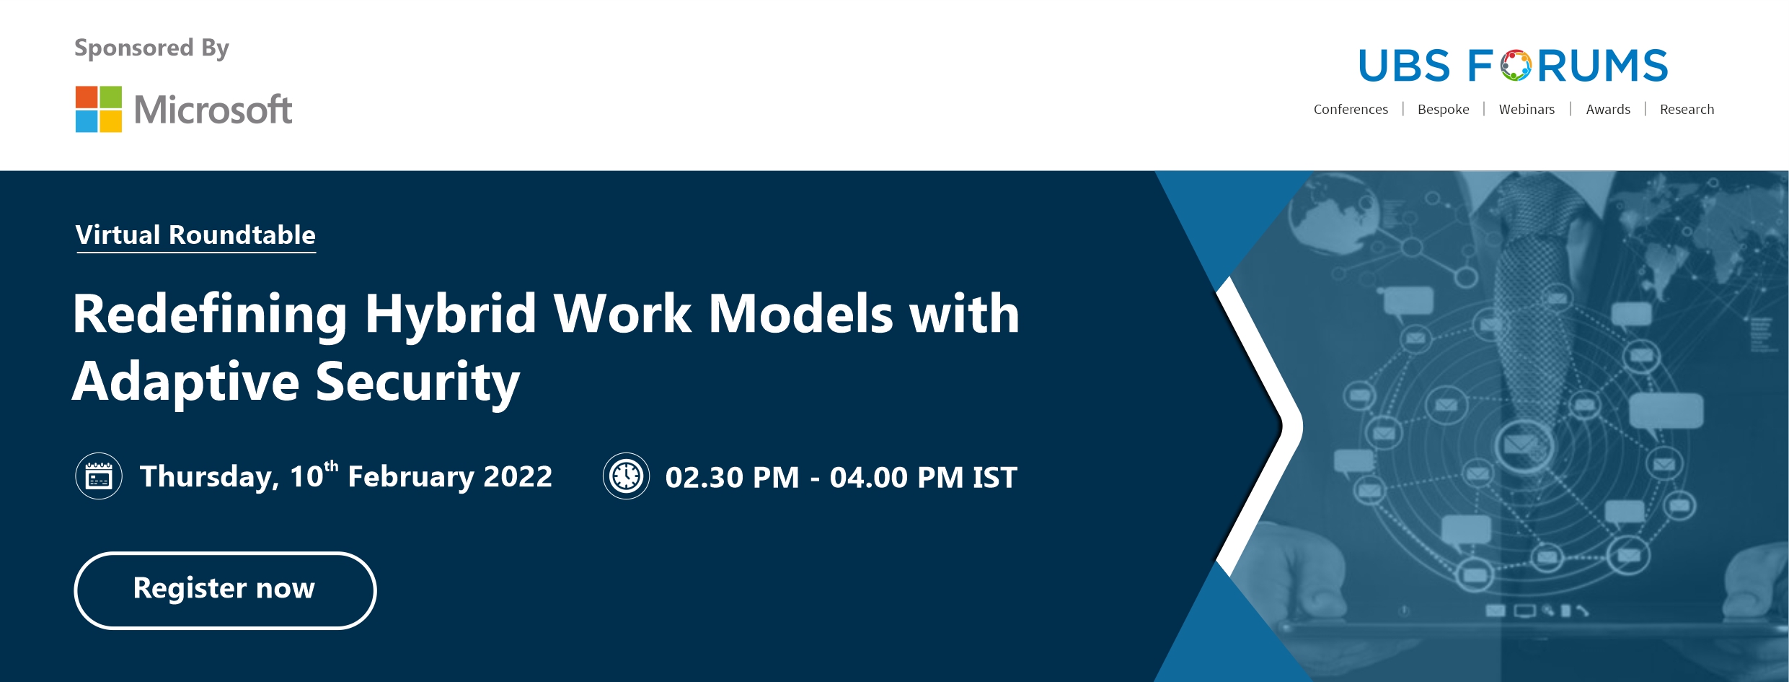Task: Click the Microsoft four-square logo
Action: click(x=99, y=109)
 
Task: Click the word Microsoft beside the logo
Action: click(x=213, y=110)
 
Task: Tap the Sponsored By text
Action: click(x=151, y=48)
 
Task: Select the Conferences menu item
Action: click(x=1351, y=110)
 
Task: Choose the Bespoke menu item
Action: click(x=1443, y=110)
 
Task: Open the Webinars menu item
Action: click(x=1527, y=110)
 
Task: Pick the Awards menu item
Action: click(x=1608, y=110)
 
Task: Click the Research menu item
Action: click(x=1687, y=110)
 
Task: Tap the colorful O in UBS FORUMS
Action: click(x=1516, y=66)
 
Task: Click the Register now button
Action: click(x=225, y=590)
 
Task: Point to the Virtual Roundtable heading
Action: click(x=195, y=235)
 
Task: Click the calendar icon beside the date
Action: click(x=99, y=476)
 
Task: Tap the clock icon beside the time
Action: click(x=626, y=476)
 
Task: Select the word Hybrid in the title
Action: click(x=450, y=315)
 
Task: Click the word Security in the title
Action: click(x=418, y=382)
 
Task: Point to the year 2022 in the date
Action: click(x=518, y=477)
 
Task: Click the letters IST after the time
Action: click(x=995, y=478)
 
